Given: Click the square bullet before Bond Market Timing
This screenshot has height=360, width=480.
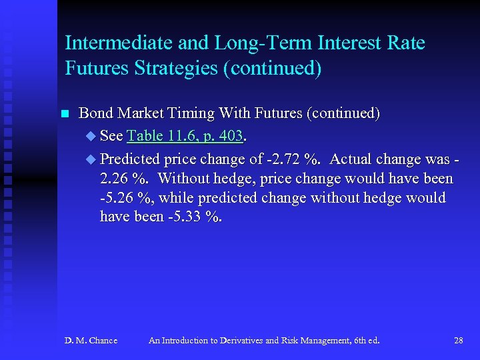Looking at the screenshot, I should (65, 114).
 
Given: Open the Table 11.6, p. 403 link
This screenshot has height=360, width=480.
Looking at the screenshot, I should (185, 137).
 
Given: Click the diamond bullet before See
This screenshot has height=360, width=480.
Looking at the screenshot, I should (91, 137).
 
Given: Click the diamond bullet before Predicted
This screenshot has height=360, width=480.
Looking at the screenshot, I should (91, 159).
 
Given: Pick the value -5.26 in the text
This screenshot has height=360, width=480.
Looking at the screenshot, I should (117, 198).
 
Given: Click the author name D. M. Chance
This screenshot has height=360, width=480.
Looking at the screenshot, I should (91, 341).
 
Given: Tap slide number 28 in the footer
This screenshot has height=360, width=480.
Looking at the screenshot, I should (458, 341).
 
